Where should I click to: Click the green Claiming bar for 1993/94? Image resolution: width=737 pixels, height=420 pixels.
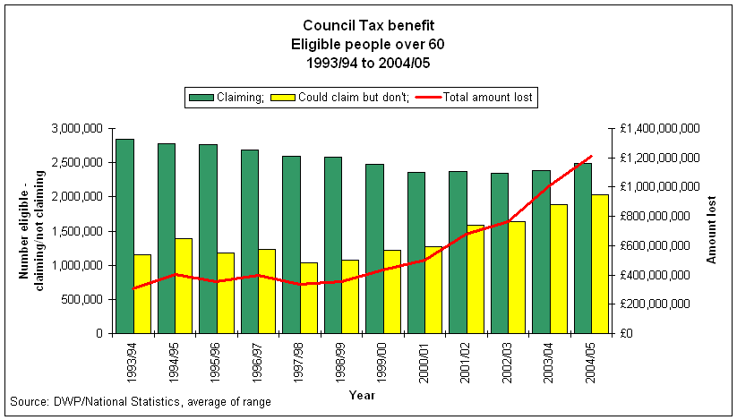[x=124, y=236]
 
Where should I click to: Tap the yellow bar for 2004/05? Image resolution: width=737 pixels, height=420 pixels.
[x=599, y=263]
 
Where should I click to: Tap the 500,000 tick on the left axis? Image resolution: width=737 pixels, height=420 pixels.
[x=80, y=299]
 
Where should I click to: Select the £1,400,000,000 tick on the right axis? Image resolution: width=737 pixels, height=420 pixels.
[x=657, y=129]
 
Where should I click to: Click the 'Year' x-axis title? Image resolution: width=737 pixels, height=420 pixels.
[x=362, y=394]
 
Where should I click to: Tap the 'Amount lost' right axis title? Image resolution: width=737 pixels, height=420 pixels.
[x=713, y=230]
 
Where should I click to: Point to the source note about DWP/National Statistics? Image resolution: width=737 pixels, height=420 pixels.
[x=140, y=402]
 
